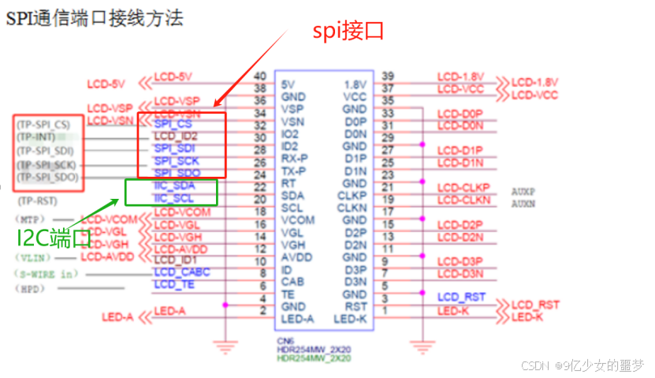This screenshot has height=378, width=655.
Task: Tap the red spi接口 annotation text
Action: click(x=348, y=31)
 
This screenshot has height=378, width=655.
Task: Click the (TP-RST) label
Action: click(x=38, y=201)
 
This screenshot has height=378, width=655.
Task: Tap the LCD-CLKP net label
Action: click(x=463, y=187)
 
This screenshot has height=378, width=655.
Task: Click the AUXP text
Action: click(x=523, y=191)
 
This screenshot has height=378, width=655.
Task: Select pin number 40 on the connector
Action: click(x=259, y=76)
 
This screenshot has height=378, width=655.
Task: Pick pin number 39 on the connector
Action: click(x=387, y=76)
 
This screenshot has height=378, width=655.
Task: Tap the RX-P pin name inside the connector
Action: click(x=293, y=159)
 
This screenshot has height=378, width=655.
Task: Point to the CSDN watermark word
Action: click(x=536, y=365)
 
